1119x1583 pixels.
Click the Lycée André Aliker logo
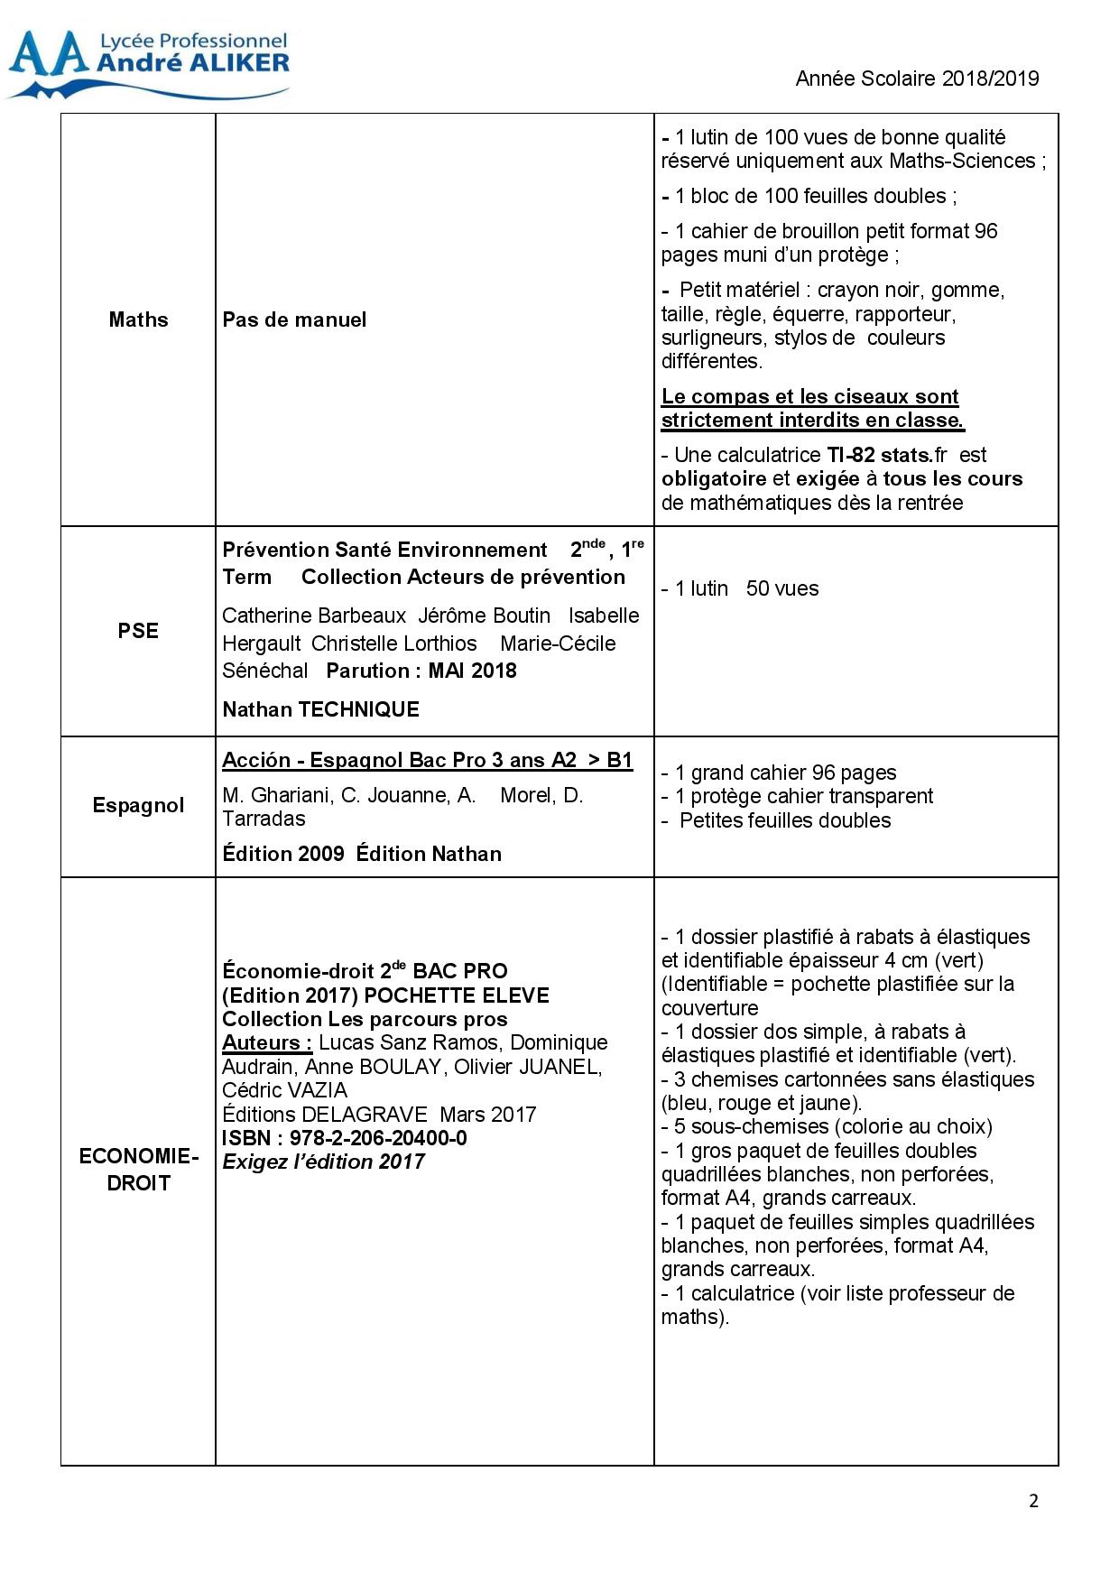[x=148, y=63]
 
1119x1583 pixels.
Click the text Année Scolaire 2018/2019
[x=917, y=79]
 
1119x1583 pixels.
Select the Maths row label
[x=138, y=319]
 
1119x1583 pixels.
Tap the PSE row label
[x=138, y=631]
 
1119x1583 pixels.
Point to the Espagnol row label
[x=138, y=805]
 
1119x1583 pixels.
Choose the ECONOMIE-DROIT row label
[x=138, y=1170]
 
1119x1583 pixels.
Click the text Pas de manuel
[x=294, y=319]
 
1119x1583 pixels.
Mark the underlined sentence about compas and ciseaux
[x=812, y=408]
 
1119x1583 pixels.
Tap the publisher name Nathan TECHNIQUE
[x=320, y=709]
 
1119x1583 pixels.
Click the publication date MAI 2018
[x=472, y=671]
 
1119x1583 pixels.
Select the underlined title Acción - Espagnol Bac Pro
[x=427, y=760]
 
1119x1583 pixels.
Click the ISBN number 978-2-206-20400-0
[x=378, y=1138]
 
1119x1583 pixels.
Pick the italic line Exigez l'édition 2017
[x=323, y=1162]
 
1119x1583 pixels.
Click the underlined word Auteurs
[x=267, y=1042]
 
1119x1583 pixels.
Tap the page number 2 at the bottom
[x=1033, y=1501]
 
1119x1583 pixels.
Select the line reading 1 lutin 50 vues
[x=740, y=588]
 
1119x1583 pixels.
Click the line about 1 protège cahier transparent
[x=798, y=796]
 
